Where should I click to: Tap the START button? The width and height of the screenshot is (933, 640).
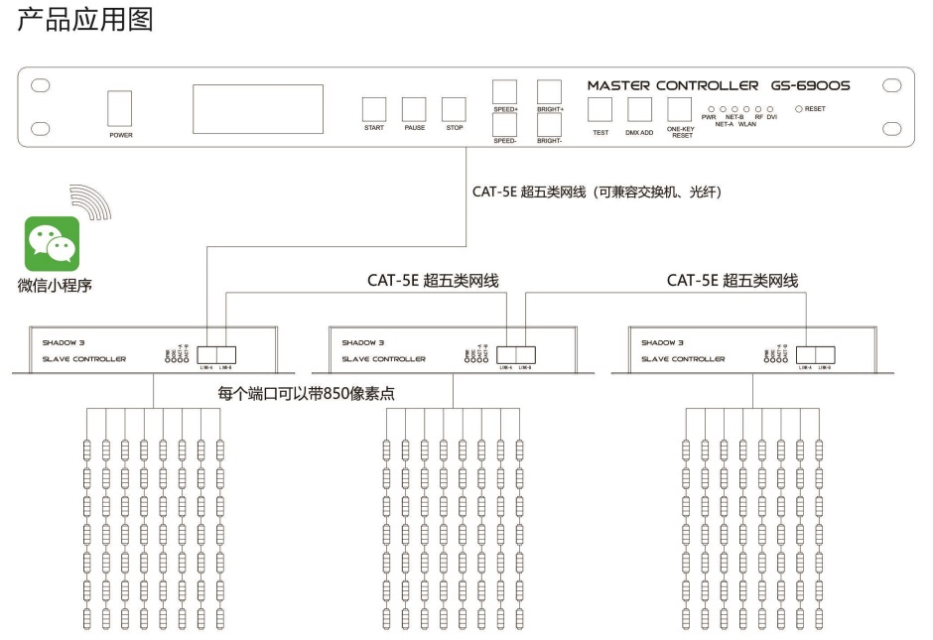374,108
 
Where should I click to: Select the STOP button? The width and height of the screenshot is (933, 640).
454,108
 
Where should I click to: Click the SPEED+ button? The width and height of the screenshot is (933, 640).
505,91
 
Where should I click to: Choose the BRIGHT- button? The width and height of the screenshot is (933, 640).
549,125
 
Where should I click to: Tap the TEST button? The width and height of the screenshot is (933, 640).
600,109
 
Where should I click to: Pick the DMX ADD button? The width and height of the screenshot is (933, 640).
639,109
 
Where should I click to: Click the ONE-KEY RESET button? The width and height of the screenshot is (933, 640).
680,108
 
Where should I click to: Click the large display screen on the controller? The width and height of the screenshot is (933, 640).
258,109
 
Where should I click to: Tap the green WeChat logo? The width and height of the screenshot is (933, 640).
52,244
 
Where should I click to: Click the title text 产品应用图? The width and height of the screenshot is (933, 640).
85,20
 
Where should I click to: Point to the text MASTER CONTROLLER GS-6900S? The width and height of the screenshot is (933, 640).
718,85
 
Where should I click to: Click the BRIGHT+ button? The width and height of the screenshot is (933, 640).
549,91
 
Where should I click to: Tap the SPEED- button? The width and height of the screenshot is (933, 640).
505,125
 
